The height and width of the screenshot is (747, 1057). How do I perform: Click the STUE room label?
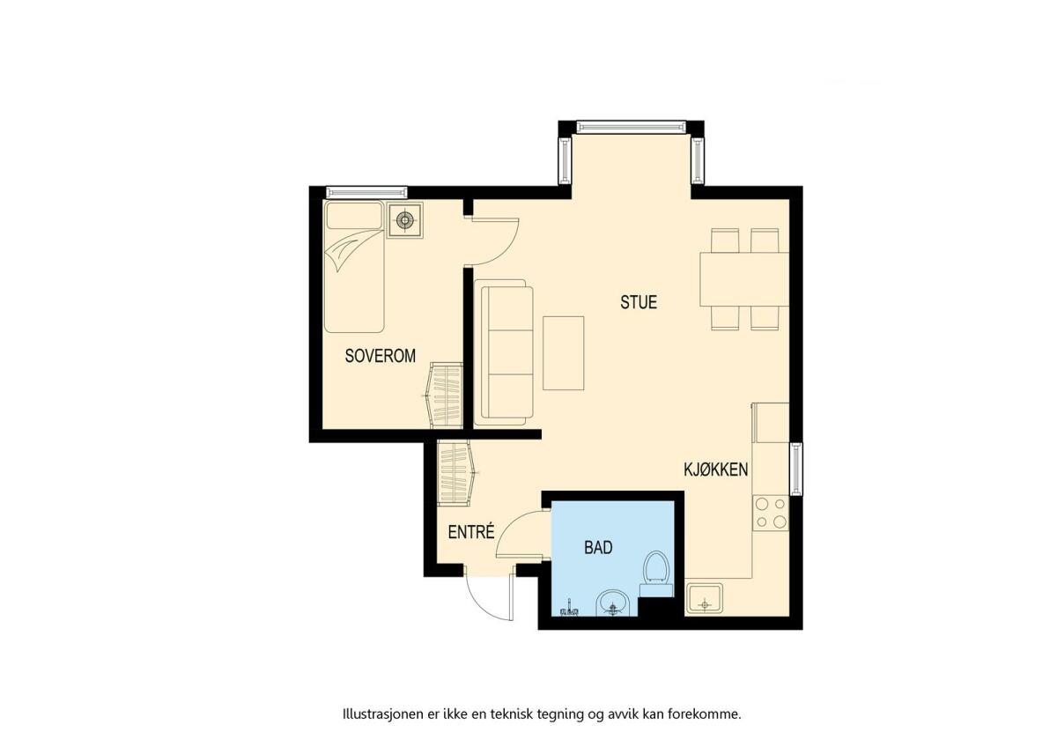[x=639, y=302]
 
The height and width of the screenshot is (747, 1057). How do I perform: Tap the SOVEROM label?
[x=381, y=356]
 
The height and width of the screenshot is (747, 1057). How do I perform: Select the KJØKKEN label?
[x=716, y=470]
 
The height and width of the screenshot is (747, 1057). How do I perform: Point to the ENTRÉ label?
[x=471, y=532]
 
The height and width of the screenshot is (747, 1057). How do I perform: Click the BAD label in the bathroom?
[x=598, y=547]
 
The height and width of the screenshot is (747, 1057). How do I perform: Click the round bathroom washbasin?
[x=612, y=603]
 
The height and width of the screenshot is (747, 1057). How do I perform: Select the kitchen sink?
[x=704, y=598]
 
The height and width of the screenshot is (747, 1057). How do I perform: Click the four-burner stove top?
[x=770, y=513]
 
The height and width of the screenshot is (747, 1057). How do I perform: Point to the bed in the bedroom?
[x=354, y=267]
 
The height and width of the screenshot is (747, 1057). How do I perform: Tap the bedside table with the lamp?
[x=405, y=220]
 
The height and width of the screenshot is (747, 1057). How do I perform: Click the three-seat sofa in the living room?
[x=504, y=352]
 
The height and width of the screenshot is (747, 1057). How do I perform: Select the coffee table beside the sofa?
[x=564, y=353]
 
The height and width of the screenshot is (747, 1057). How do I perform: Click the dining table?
[x=744, y=279]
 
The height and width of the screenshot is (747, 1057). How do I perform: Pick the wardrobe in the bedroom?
[x=442, y=396]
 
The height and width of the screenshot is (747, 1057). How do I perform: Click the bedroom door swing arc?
[x=506, y=254]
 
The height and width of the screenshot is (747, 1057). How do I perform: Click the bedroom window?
[x=366, y=192]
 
